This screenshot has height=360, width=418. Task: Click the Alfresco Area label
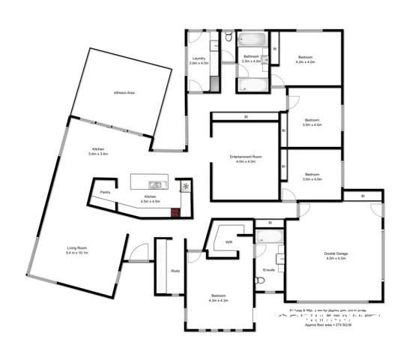pos(124,93)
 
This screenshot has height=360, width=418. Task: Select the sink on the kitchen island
pos(155,184)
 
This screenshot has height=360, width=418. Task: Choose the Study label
pos(175,271)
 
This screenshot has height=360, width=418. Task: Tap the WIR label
pos(229,242)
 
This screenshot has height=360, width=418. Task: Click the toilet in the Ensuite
pos(259,280)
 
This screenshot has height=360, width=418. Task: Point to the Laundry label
pos(199,58)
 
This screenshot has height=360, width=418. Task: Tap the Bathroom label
pos(250,57)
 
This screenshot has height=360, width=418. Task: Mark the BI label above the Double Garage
pos(362,196)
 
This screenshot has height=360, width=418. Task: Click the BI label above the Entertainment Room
pos(246,116)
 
